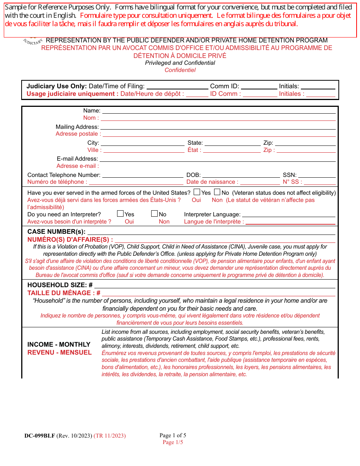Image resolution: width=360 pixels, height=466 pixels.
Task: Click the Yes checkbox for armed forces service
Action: click(x=197, y=192)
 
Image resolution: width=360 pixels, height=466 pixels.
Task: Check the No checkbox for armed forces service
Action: click(x=217, y=192)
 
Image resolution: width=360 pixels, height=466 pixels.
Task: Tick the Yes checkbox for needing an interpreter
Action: click(x=121, y=214)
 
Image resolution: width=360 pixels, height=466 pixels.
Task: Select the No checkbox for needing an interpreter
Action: click(x=155, y=214)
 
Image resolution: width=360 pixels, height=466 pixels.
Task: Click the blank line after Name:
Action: click(x=219, y=111)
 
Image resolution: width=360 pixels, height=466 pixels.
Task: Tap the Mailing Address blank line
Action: click(x=218, y=127)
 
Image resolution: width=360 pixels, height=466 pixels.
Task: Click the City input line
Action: click(x=142, y=143)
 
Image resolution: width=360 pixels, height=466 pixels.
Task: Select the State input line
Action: click(x=232, y=143)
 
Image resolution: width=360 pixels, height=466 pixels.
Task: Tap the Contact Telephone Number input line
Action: click(x=143, y=175)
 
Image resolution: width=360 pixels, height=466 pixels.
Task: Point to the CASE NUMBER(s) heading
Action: click(x=56, y=231)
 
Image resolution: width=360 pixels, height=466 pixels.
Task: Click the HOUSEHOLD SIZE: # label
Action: click(x=60, y=285)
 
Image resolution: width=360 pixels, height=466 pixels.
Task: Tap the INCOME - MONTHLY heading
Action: click(x=59, y=344)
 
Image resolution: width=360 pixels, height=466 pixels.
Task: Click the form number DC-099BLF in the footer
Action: click(x=40, y=436)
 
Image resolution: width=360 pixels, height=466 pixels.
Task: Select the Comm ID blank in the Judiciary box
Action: click(x=259, y=86)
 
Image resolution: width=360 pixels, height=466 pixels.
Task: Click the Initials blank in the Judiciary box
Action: click(x=318, y=86)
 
